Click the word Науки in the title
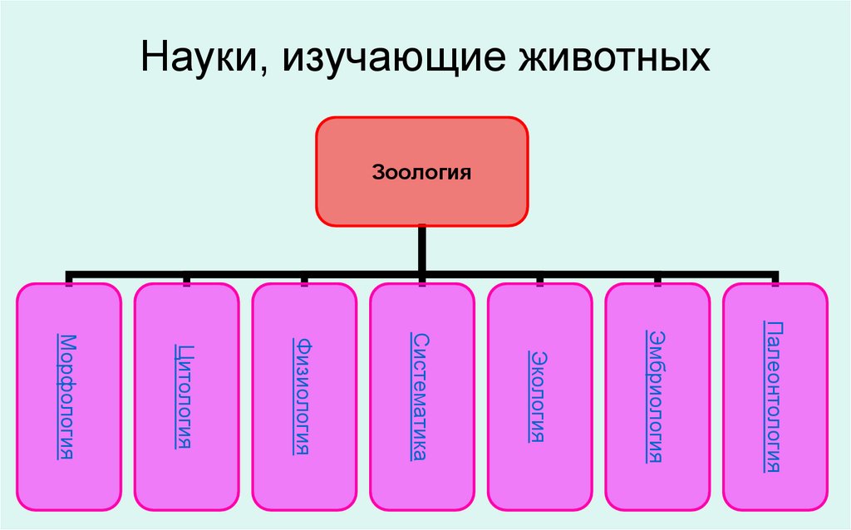[200, 60]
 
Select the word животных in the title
[620, 60]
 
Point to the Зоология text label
[421, 174]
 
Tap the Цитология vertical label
[184, 395]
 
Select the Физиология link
[303, 395]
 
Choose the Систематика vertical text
[421, 395]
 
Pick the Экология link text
[538, 395]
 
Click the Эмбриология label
[656, 395]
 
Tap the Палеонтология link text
[774, 395]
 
